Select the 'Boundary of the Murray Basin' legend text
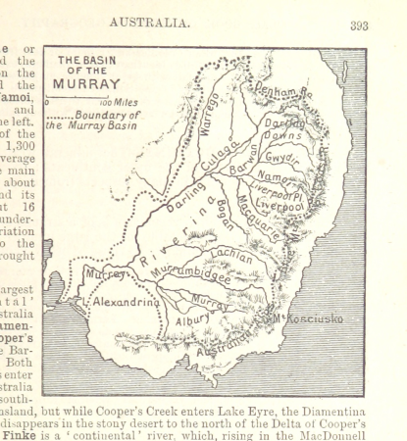point(94,120)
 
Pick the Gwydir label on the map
point(280,157)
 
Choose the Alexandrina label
point(127,304)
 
